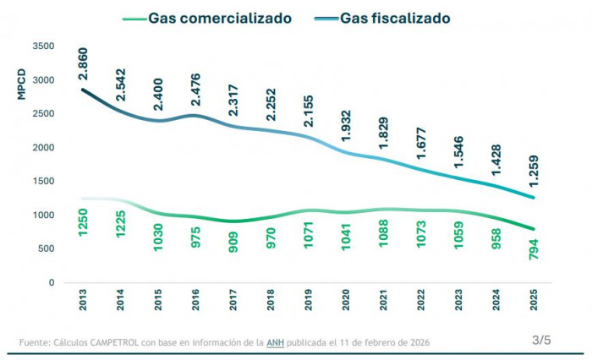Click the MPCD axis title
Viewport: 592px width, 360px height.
(x=22, y=85)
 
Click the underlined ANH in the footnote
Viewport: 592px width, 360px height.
(x=275, y=342)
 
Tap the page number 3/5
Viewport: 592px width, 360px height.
(x=541, y=340)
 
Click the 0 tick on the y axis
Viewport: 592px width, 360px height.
(x=52, y=283)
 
